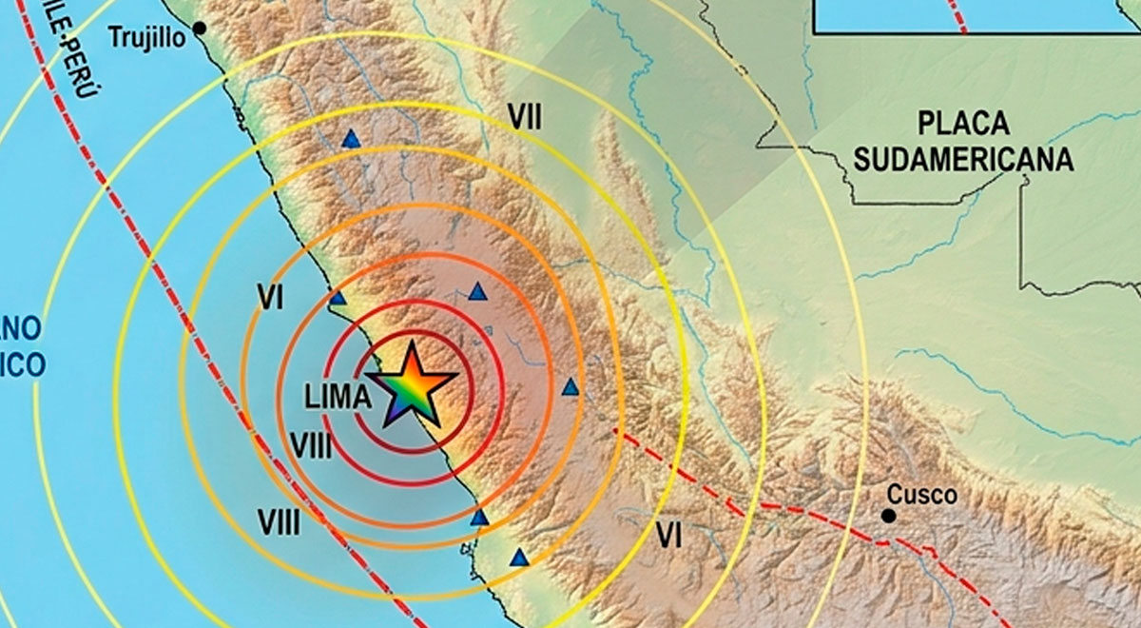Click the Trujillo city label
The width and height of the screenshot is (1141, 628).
point(148,38)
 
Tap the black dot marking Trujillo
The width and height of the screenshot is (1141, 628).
point(200,29)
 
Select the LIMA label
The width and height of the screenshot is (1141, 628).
point(338,399)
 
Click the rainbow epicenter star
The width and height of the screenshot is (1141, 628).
point(411,386)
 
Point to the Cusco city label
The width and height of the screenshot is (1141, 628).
point(921,495)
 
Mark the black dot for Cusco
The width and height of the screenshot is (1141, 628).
point(888,516)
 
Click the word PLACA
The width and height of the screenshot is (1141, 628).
point(963,123)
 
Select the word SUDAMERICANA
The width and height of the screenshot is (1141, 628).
point(963,158)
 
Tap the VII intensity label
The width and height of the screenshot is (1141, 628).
point(524,118)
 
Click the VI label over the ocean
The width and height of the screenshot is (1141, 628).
point(271,299)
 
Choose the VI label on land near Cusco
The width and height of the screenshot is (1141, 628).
point(668,538)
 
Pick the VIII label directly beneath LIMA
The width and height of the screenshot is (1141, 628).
point(311,445)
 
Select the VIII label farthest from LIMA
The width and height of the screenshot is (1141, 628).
point(279,521)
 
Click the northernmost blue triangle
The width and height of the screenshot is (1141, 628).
point(352,140)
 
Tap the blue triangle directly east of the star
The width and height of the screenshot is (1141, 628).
point(570,387)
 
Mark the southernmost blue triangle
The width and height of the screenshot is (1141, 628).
point(519,559)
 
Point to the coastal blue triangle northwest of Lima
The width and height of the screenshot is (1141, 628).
point(338,299)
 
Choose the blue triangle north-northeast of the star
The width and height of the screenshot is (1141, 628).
point(477,292)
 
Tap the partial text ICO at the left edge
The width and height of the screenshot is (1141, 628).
point(23,364)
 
